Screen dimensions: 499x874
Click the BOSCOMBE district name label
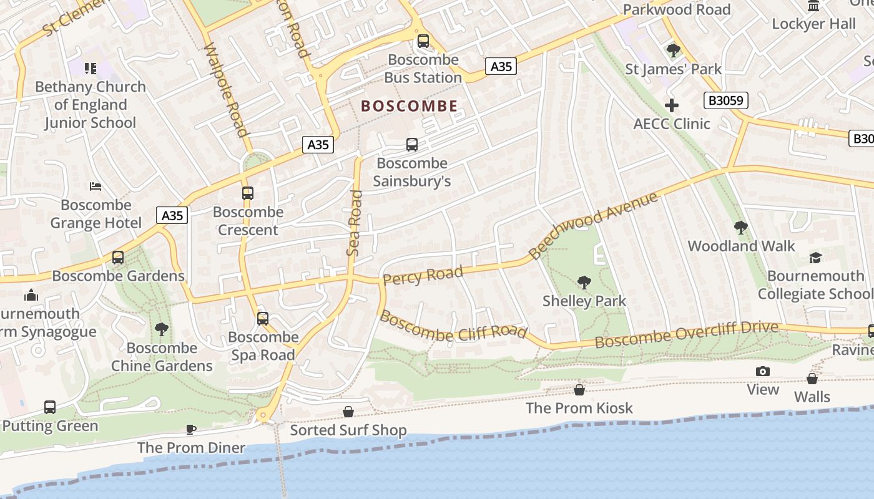(410, 107)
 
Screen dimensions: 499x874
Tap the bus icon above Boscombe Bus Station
(423, 41)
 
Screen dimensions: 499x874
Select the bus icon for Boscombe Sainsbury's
(412, 145)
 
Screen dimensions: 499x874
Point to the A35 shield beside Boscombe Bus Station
(501, 66)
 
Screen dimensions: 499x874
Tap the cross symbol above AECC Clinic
(672, 105)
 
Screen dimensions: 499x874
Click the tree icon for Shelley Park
(584, 283)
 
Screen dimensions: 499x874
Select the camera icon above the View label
(762, 372)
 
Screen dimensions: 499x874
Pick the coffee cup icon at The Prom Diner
(191, 429)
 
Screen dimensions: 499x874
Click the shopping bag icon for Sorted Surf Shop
(348, 412)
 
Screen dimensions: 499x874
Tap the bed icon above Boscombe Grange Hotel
(96, 187)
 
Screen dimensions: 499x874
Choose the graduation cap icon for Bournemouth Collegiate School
(815, 258)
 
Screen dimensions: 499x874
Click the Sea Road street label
(355, 223)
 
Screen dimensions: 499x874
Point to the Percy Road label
(423, 275)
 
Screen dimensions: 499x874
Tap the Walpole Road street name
(225, 89)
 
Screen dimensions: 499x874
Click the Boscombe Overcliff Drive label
(686, 335)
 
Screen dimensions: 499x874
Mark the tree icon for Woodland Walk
(741, 228)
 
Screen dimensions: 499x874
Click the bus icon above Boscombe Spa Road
(263, 319)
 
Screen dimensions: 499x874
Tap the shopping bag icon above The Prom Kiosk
(579, 390)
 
